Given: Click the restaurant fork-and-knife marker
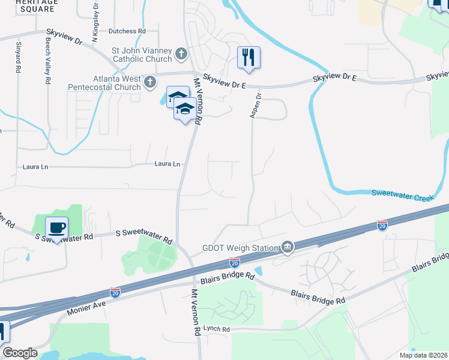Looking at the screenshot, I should [249, 58].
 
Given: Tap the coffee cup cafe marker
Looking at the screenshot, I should [56, 228].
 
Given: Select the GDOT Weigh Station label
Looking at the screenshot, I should [239, 248].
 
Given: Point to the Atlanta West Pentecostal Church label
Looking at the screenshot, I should [116, 83].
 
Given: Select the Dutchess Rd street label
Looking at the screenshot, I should [127, 31].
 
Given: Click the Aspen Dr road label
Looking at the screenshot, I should [259, 104].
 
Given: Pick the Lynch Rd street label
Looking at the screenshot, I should [216, 329].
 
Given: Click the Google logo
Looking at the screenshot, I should [20, 353].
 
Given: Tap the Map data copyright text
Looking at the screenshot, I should [423, 355].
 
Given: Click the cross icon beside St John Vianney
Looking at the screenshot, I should [181, 55].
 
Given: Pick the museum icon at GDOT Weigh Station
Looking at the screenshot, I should [288, 247].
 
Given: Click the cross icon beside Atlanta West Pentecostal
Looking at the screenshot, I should [149, 81].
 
